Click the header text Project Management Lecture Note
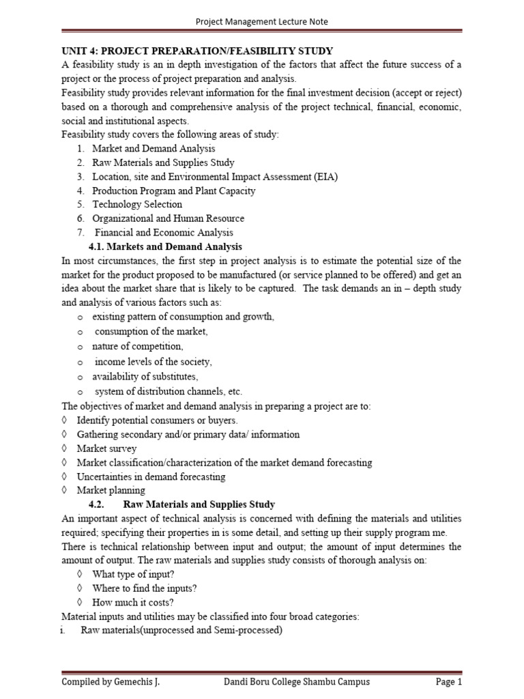[x=262, y=22]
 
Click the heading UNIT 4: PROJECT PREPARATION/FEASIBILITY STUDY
[x=197, y=51]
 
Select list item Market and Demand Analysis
[x=154, y=148]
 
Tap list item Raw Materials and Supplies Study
[x=163, y=162]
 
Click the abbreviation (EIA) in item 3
[x=325, y=177]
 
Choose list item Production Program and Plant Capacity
[x=174, y=191]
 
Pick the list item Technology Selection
[x=137, y=205]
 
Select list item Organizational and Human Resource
[x=168, y=218]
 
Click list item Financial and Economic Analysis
[x=164, y=233]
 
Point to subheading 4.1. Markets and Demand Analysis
[x=166, y=246]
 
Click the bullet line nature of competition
[x=138, y=346]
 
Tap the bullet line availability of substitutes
[x=145, y=376]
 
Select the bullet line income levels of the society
[x=153, y=361]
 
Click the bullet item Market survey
[x=106, y=448]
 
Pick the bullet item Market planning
[x=111, y=490]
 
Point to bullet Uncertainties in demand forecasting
[x=151, y=476]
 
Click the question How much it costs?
[x=133, y=602]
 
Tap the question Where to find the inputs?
[x=145, y=588]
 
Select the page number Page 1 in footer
[x=449, y=681]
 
